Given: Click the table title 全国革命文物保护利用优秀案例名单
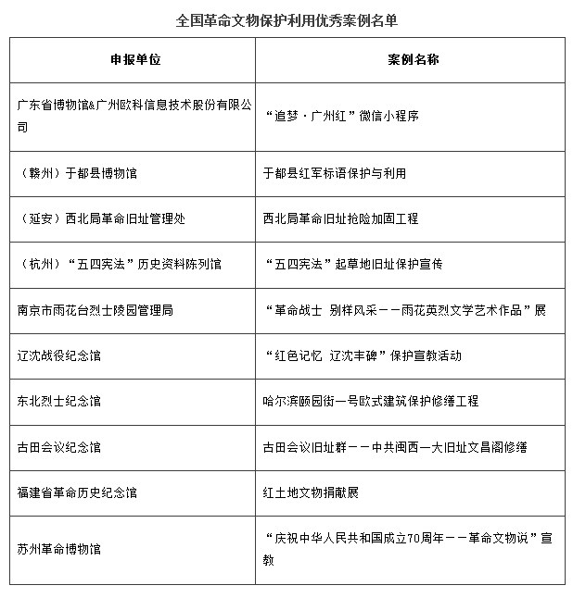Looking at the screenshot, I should click(x=286, y=19).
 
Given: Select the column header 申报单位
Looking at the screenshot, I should click(x=134, y=59).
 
